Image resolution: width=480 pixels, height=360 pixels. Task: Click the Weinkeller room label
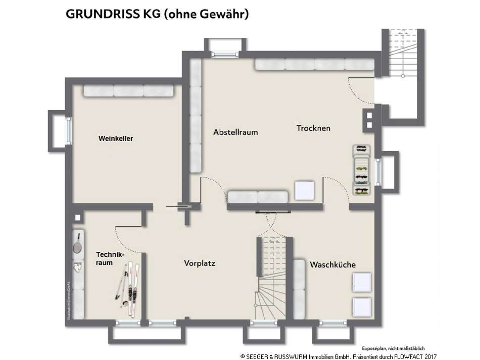click(x=116, y=139)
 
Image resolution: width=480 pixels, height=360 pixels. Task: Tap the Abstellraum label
click(x=235, y=132)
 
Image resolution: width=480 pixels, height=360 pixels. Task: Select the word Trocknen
click(x=313, y=128)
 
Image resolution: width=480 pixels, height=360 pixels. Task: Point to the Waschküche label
click(x=332, y=265)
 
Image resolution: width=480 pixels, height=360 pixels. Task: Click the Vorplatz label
click(x=200, y=263)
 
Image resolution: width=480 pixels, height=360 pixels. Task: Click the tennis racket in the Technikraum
click(x=78, y=244)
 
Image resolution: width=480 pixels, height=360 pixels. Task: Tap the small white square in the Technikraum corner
click(x=77, y=218)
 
